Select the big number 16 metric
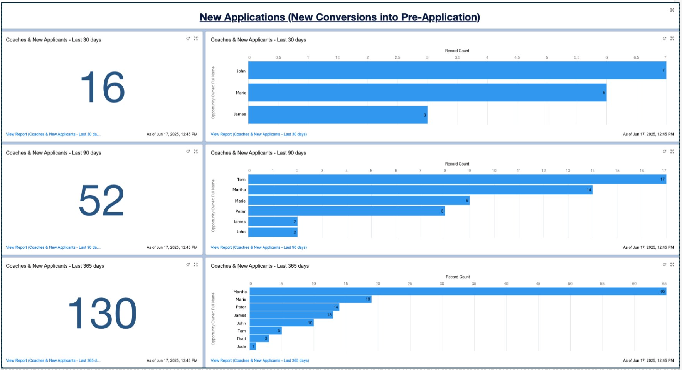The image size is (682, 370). (103, 87)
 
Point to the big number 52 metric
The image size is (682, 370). (101, 200)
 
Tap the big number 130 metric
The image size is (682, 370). (103, 313)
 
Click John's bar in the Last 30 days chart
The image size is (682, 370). (457, 71)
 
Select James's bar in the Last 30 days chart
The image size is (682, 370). (338, 115)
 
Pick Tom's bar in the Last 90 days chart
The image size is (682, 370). (457, 179)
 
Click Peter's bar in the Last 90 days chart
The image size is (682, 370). (347, 211)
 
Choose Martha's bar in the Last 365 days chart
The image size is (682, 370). (458, 291)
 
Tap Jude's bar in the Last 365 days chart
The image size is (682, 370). (253, 346)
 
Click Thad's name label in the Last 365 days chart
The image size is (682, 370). (241, 339)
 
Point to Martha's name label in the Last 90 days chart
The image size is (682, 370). (239, 190)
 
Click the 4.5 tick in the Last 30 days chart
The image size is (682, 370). (517, 57)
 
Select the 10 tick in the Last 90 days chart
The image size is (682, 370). (494, 171)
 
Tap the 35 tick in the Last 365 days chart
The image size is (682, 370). (474, 284)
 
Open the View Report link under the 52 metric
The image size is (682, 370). (53, 247)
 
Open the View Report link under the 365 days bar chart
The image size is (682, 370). (260, 360)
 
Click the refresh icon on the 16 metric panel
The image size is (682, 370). (188, 38)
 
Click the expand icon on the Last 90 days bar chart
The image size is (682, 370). (672, 151)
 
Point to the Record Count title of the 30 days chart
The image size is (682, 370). (457, 51)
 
